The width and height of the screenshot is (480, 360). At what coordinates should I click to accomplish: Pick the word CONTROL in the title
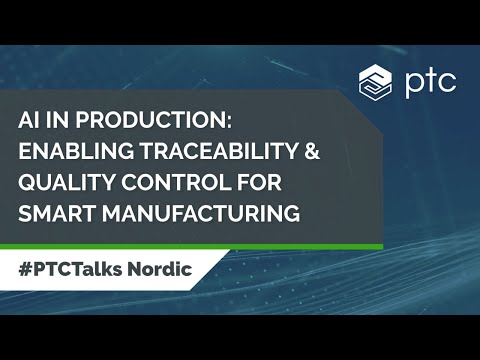coord(166,182)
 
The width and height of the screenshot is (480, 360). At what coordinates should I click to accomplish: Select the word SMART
coord(54,213)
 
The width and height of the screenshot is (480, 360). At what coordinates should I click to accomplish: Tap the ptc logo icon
coord(374,80)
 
